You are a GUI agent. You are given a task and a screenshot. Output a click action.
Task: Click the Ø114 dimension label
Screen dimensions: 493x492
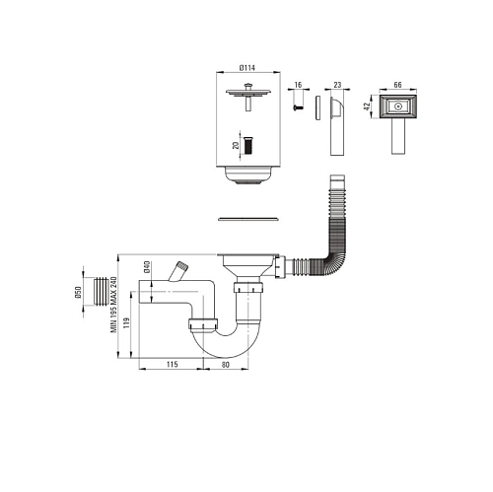point(247,68)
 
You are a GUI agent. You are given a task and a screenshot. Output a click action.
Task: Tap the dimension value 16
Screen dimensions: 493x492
point(298,85)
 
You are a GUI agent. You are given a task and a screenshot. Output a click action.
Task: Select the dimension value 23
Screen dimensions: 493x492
point(337,85)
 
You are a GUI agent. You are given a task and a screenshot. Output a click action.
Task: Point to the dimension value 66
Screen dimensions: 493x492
point(397,85)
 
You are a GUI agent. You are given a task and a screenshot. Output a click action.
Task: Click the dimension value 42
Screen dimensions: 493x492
point(367,106)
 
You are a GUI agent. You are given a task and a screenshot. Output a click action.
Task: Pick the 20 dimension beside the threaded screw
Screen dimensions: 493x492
point(236,145)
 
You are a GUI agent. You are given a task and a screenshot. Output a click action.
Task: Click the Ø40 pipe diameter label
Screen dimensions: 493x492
point(147,266)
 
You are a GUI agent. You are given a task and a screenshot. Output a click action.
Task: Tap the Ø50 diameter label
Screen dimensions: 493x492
point(78,293)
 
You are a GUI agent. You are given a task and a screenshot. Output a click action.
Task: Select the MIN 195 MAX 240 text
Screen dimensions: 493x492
point(113,305)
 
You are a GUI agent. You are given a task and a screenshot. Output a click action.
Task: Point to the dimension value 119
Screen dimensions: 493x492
point(127,323)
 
